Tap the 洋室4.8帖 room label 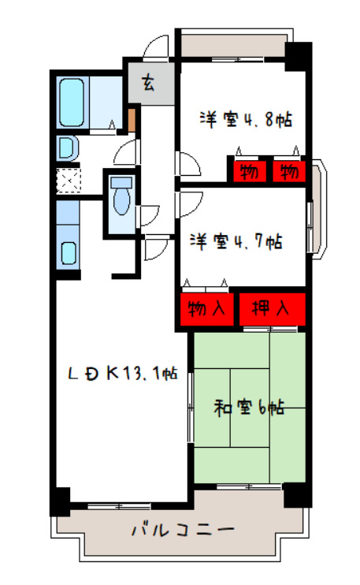point(246,121)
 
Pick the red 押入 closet point(270,309)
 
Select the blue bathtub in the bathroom point(72,101)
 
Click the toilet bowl point(121,196)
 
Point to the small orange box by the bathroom point(132,121)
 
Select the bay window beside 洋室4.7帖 point(316,209)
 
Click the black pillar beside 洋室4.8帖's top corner point(299,56)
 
